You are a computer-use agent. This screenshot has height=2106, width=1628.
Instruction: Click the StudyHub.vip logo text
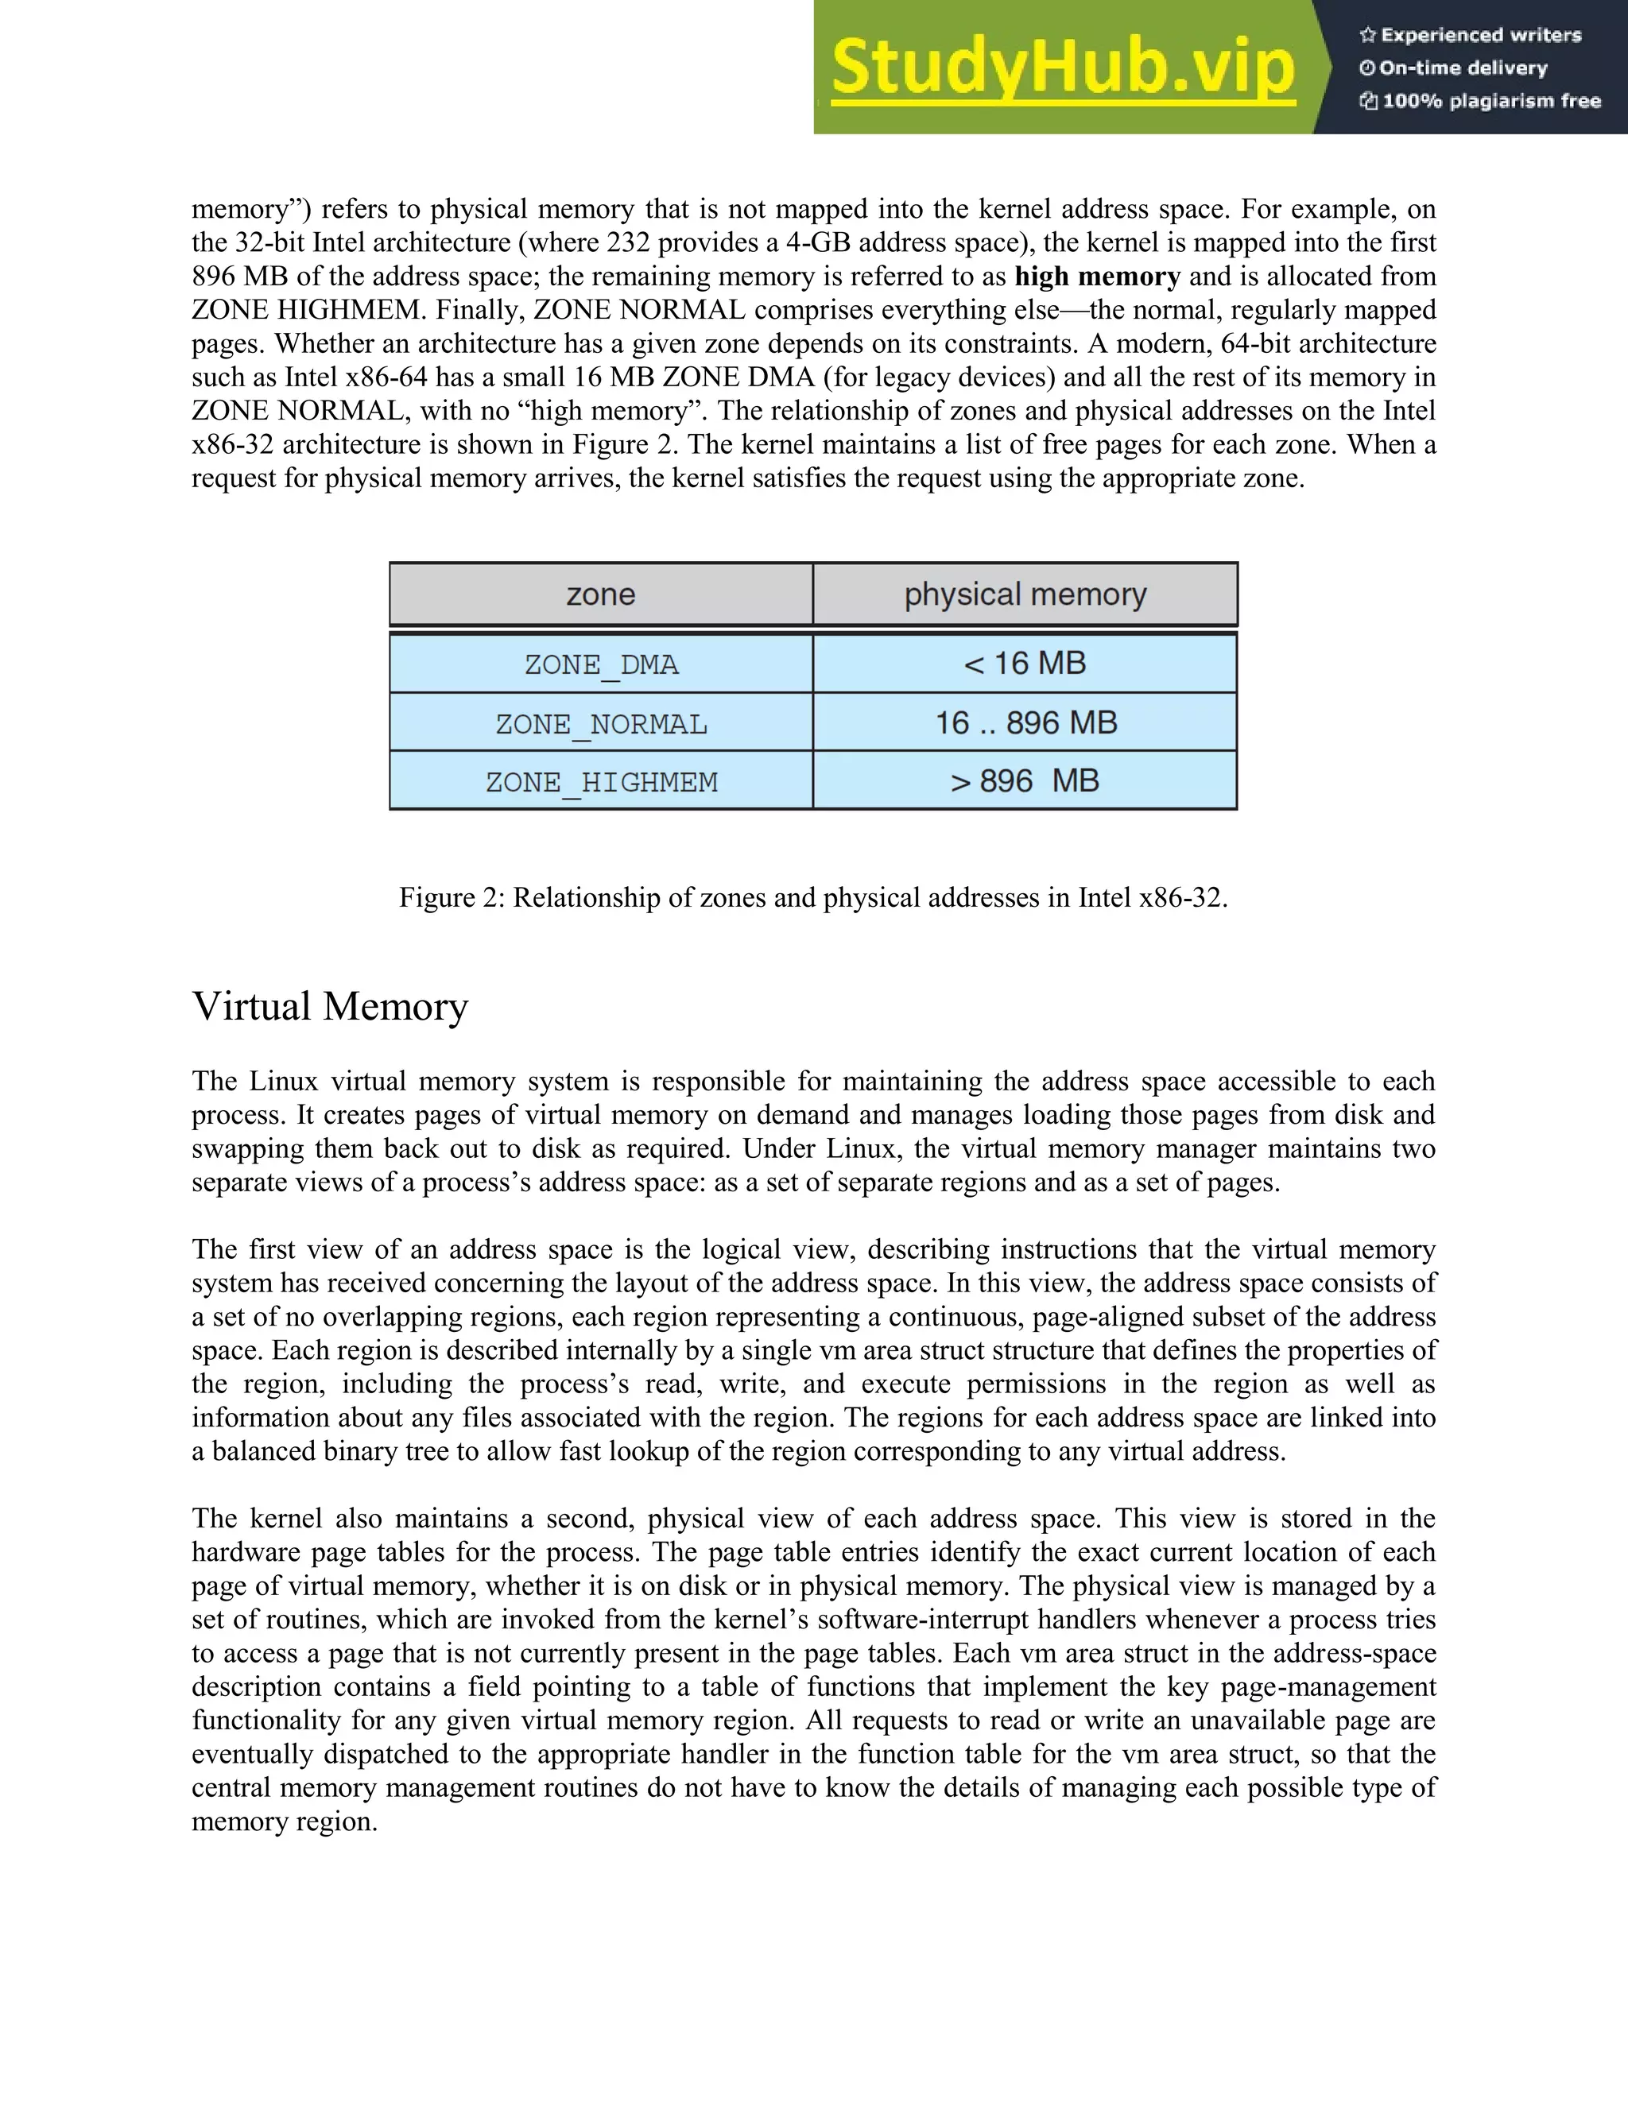1063,68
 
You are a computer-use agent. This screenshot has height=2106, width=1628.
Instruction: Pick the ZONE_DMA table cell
601,664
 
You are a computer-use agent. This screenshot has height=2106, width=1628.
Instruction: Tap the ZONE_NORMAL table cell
601,723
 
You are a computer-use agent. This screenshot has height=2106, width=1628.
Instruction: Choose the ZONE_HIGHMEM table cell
601,781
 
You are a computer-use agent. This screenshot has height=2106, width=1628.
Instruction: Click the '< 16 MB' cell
1025,664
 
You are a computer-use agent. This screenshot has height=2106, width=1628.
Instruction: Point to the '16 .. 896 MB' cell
1025,722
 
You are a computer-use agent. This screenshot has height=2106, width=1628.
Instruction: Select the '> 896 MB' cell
1025,780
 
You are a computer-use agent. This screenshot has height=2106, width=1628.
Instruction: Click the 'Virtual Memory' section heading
330,1006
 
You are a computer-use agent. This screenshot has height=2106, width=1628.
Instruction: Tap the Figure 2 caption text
813,898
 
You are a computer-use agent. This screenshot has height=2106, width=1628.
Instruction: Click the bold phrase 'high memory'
1096,277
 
